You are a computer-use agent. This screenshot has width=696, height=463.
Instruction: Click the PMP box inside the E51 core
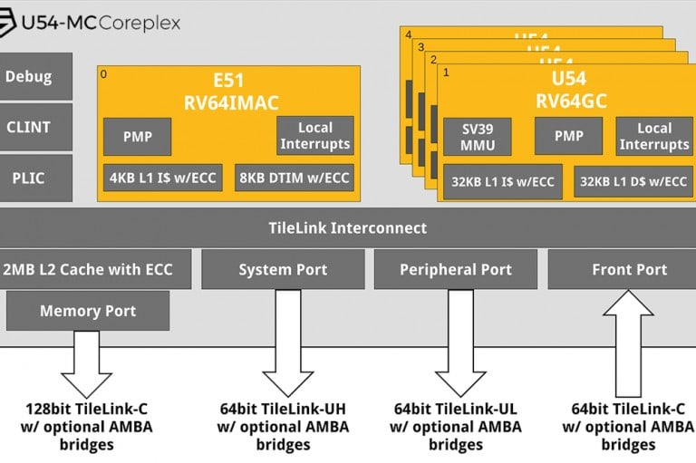coord(138,137)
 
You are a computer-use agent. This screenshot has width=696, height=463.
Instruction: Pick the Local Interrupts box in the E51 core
coord(314,136)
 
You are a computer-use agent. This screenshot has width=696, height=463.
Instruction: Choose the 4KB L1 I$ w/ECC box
coord(163,178)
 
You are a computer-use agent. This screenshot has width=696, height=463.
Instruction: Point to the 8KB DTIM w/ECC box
coord(294,178)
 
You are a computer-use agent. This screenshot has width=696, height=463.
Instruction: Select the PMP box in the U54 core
coord(568,137)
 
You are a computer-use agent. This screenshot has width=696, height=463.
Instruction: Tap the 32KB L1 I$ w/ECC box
coord(503,181)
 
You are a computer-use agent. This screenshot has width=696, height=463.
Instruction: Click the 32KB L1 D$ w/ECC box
coord(632,181)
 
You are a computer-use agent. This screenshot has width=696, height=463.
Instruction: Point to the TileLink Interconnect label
coord(348,227)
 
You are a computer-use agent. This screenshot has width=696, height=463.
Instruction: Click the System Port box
coord(282,269)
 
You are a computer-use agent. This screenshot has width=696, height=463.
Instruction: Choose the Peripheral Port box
coord(455,269)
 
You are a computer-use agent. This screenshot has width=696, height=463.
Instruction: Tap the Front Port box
coord(629,269)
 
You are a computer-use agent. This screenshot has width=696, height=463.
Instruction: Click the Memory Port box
coord(87,311)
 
